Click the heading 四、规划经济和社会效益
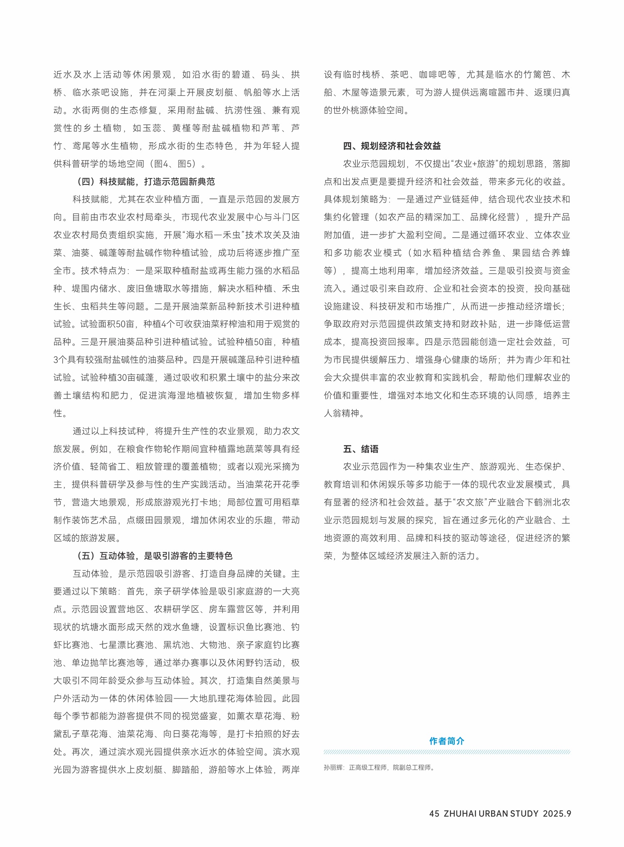(x=392, y=146)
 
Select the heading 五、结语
(x=361, y=449)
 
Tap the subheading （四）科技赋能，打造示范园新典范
(x=146, y=182)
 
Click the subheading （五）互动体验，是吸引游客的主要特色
(x=154, y=556)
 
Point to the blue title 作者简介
(x=447, y=741)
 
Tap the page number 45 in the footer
(x=434, y=814)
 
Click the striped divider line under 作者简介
(x=447, y=752)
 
